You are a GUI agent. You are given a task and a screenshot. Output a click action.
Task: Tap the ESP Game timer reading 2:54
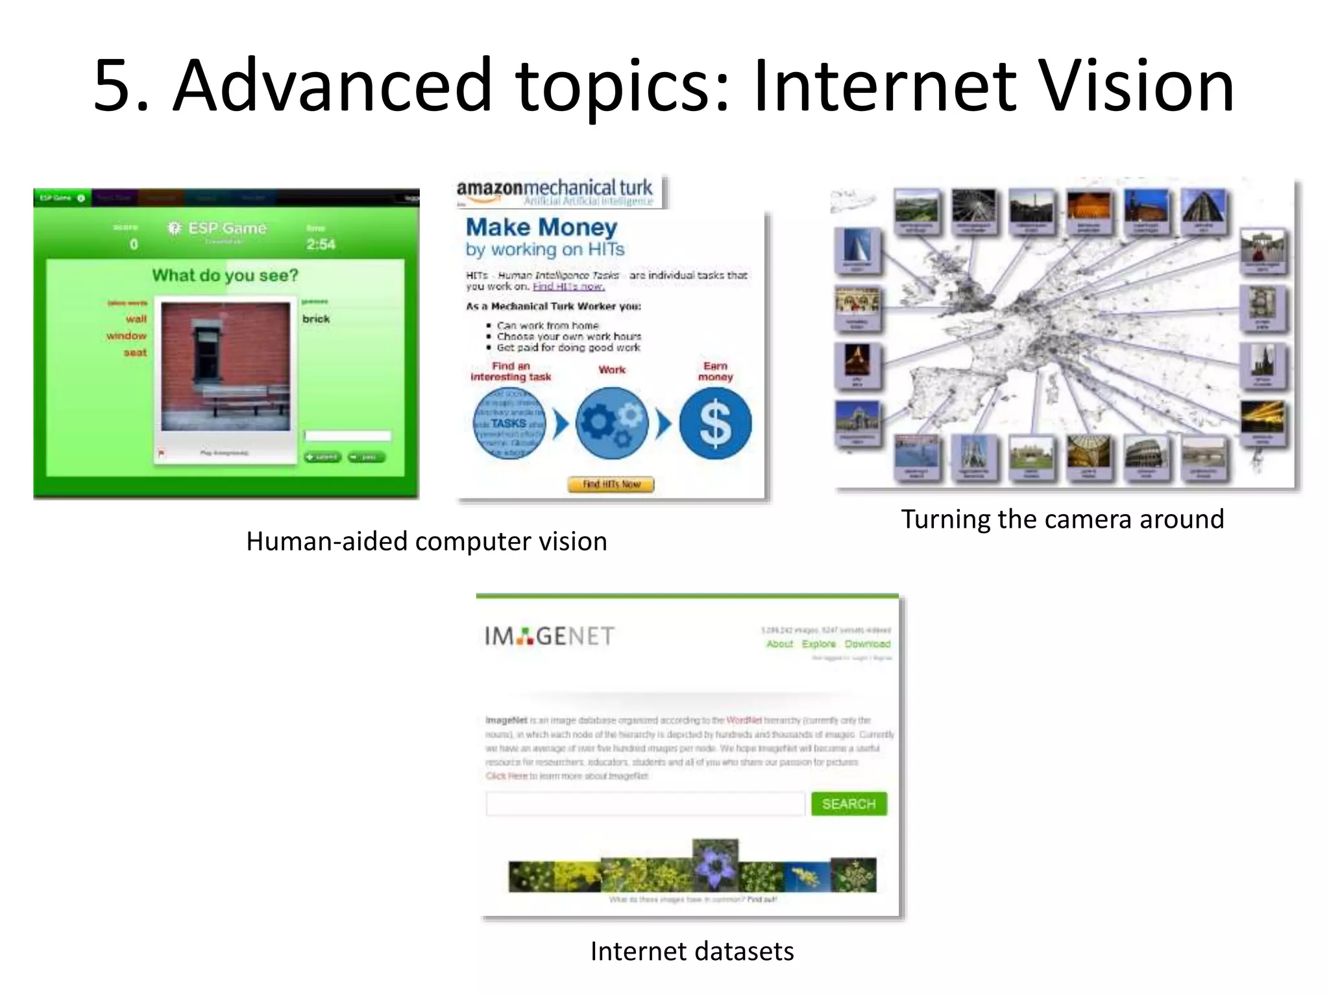(x=321, y=244)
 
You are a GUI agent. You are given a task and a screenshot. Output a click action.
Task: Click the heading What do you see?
(x=225, y=275)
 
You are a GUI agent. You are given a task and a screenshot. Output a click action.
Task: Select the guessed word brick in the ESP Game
(x=316, y=319)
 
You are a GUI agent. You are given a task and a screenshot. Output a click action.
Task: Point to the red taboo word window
(x=127, y=336)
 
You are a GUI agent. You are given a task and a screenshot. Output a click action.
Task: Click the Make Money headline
(x=541, y=227)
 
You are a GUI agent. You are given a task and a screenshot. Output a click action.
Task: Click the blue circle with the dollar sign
(x=715, y=423)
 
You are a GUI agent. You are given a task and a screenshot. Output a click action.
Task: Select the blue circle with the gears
(x=611, y=423)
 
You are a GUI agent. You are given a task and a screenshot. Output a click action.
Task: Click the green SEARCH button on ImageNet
(x=848, y=804)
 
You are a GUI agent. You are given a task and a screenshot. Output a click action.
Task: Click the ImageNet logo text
(x=549, y=636)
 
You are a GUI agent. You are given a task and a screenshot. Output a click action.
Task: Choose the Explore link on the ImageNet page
(x=818, y=644)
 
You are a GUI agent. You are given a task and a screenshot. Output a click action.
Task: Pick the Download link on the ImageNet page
(x=867, y=644)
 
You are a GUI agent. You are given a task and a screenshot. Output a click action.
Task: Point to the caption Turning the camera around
(x=1062, y=519)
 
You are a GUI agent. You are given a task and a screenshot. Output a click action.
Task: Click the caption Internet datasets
(x=692, y=951)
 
